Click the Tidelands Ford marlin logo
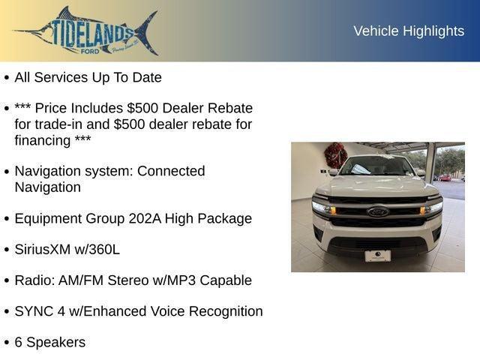point(86,31)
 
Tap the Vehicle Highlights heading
point(409,31)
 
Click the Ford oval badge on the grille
point(377,211)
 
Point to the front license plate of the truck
point(377,256)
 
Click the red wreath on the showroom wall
point(335,155)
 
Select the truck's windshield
point(377,166)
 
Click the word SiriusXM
point(46,250)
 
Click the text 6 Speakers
point(49,343)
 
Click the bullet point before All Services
point(7,78)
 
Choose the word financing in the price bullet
point(43,140)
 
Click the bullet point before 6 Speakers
point(7,343)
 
